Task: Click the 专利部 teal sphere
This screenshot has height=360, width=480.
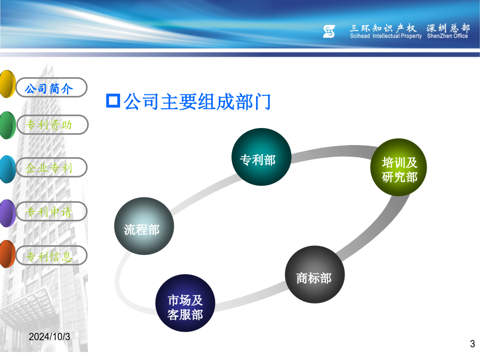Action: [261, 157]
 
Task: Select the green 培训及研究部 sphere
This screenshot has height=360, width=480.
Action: [398, 167]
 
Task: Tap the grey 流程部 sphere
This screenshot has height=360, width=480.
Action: [144, 226]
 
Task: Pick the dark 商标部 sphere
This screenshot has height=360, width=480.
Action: [315, 275]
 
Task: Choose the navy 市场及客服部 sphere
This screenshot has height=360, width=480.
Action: [185, 303]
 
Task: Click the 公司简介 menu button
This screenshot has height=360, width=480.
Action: [51, 87]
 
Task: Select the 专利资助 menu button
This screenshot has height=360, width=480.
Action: [52, 125]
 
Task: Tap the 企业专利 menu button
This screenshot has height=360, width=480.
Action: [51, 167]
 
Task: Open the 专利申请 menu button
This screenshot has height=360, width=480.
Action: [51, 211]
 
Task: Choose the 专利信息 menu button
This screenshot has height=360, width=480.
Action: [51, 255]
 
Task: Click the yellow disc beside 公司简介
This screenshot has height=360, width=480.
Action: [7, 84]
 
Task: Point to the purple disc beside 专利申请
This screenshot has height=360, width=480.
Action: [7, 213]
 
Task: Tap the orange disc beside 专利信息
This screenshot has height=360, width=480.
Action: [7, 254]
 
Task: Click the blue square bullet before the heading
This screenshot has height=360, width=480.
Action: [113, 101]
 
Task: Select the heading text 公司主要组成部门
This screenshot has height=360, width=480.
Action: [197, 102]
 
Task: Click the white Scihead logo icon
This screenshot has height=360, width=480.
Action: [329, 31]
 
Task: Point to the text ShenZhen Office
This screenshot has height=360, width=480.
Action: [447, 36]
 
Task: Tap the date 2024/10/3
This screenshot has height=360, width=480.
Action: [49, 337]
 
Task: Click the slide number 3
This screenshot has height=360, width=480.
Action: [473, 344]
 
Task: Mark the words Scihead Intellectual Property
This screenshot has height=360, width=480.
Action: [386, 36]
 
